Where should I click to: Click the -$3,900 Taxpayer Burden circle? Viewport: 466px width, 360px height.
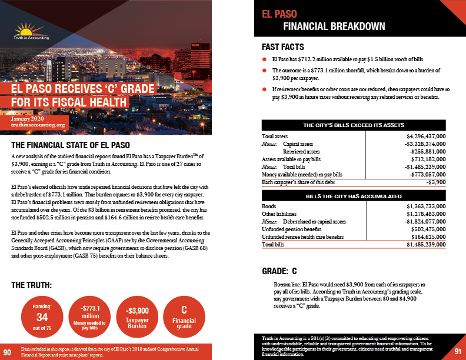point(137,316)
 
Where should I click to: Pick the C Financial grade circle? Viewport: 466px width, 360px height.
point(184,316)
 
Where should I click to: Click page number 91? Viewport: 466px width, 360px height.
point(457,351)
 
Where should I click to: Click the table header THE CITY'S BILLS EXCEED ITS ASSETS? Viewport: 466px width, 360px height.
point(353,125)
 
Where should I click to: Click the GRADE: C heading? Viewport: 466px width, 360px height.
point(279,271)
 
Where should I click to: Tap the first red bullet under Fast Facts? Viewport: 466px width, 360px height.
point(265,60)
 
